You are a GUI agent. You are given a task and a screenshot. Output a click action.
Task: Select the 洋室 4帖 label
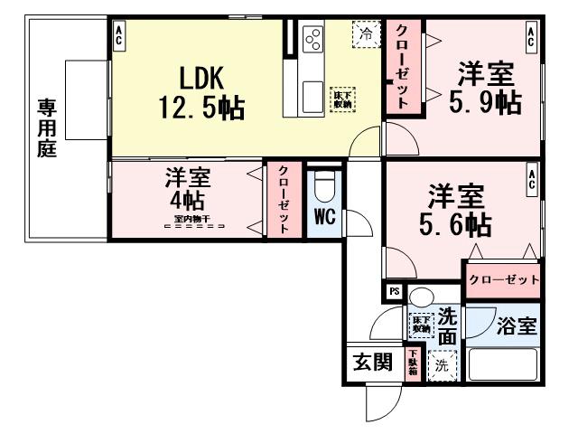[x=187, y=188]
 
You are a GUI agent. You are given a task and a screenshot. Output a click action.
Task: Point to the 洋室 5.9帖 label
[x=486, y=87]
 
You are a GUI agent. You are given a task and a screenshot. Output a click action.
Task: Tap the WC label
[x=325, y=218]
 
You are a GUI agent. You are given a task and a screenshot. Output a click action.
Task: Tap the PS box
[x=394, y=291]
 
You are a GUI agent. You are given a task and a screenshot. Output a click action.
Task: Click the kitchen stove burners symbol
[x=313, y=39]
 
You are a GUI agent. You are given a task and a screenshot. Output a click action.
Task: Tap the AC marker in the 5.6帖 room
[x=533, y=178]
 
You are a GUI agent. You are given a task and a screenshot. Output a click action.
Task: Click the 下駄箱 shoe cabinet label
[x=412, y=363]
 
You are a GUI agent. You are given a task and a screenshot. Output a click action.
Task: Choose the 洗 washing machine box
[x=441, y=365]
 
